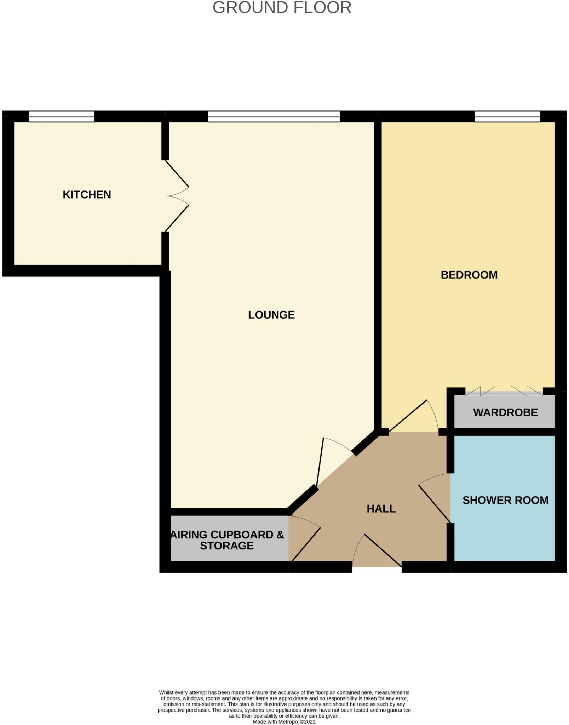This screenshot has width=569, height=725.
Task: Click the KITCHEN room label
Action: tap(87, 195)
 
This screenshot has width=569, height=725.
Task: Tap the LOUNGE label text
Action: tap(271, 315)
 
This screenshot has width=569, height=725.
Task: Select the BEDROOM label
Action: tap(469, 275)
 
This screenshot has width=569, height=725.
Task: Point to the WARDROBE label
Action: tap(505, 412)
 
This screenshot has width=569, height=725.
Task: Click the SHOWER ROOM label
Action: tap(505, 500)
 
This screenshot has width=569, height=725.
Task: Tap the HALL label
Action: tap(381, 509)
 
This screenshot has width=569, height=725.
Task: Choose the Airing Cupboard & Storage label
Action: tap(227, 540)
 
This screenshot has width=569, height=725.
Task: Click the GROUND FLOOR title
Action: tap(282, 8)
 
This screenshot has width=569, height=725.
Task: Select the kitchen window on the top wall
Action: tap(62, 116)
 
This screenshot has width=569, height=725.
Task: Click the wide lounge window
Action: tap(274, 116)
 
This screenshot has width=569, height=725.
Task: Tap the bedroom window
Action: tap(507, 116)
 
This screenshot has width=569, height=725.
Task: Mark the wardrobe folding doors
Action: tap(504, 392)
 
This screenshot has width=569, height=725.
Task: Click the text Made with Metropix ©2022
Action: tap(284, 721)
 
